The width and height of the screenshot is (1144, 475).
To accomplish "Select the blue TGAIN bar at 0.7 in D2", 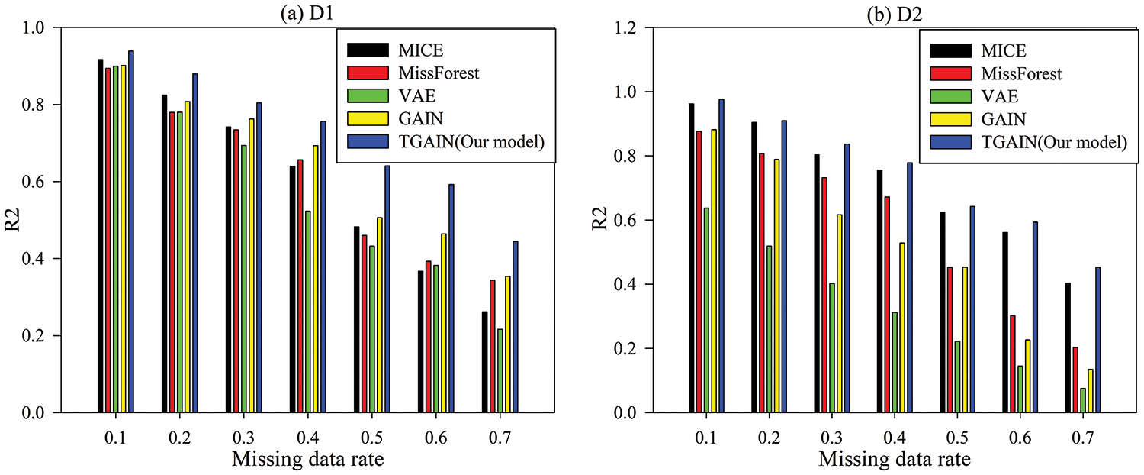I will [x=1097, y=340].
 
